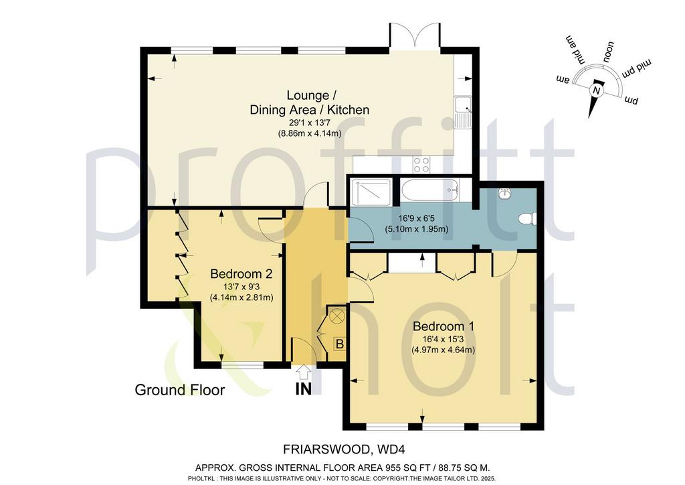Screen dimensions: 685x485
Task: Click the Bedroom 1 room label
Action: point(444,326)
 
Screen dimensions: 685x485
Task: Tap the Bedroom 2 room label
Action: point(241,274)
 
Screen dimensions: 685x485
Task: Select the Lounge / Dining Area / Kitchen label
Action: point(309,102)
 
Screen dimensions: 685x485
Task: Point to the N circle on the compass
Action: point(596,90)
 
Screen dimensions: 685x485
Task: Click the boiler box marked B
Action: point(339,344)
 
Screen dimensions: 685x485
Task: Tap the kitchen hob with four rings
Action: point(421,164)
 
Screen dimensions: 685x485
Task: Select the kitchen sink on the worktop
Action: point(462,111)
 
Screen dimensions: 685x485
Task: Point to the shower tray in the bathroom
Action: point(371,192)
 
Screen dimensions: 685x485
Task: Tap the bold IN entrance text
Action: point(304,389)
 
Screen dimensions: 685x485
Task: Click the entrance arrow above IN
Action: point(304,373)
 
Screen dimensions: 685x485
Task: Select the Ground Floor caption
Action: point(179,390)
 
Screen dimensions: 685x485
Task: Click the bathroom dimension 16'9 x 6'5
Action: point(416,218)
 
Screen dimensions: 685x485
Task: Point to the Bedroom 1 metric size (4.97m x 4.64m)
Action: point(443,350)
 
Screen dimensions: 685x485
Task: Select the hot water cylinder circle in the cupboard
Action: point(337,316)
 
